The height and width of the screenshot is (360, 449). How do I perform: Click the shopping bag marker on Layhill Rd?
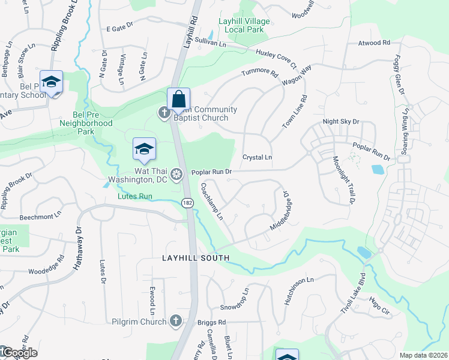point(179,100)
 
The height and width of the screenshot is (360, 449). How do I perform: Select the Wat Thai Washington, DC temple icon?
point(176,175)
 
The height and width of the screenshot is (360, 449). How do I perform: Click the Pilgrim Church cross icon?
point(175,322)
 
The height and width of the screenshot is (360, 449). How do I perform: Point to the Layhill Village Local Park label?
point(244,25)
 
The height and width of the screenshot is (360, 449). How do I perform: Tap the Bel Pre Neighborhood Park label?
point(86,119)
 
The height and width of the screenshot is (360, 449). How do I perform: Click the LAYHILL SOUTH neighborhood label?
point(196,258)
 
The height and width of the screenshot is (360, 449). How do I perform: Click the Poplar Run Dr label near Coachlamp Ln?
point(211,172)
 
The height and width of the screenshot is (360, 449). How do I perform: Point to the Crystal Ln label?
point(257,157)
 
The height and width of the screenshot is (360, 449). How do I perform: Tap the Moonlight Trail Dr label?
point(344,180)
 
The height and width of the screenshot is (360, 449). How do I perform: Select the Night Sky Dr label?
point(340,122)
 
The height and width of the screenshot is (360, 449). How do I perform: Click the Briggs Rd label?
point(213,322)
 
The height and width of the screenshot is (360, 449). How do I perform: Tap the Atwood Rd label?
point(373,43)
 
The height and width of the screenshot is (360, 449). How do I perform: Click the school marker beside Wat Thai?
point(144,149)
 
